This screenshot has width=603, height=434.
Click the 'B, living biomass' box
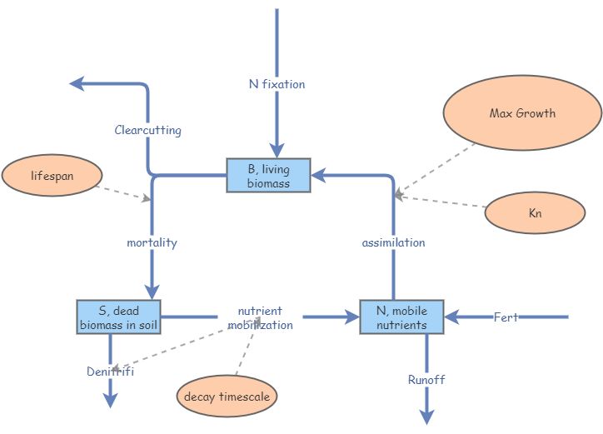point(268,176)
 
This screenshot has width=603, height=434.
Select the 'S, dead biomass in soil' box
point(118,317)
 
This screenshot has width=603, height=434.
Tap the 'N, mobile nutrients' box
point(401,317)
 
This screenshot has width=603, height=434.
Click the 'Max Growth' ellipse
point(522,113)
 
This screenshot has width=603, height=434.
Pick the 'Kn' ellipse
point(535,213)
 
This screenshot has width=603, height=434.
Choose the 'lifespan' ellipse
point(52,177)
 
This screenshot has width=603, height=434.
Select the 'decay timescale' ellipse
point(227,397)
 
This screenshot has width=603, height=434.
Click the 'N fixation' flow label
point(277,84)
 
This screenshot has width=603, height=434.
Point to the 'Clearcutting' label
point(147,131)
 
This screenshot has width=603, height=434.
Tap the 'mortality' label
point(152,242)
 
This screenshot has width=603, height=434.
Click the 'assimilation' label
point(393,242)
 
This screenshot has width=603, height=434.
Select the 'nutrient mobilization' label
point(265,318)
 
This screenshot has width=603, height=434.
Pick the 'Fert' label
point(506,317)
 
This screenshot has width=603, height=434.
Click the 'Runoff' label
point(426,380)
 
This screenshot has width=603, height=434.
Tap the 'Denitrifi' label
point(110,372)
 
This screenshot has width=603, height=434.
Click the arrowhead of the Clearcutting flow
point(76,82)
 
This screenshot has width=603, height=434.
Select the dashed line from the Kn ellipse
point(441,202)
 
